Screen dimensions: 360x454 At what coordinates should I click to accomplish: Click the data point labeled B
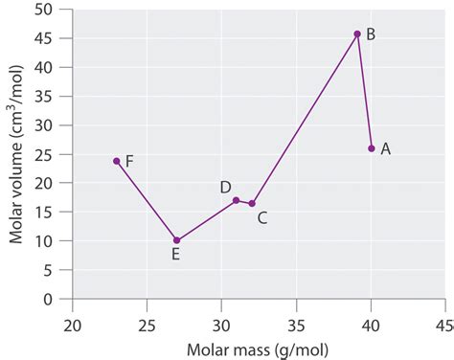click(357, 34)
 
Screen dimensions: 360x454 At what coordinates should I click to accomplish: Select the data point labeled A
click(372, 148)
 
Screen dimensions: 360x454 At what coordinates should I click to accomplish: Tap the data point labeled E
click(176, 240)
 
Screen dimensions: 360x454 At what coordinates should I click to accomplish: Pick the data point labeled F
click(117, 161)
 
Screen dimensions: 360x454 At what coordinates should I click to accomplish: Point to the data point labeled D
click(236, 200)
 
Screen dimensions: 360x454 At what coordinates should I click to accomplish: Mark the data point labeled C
click(252, 203)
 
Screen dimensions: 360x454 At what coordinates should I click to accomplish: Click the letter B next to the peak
click(371, 34)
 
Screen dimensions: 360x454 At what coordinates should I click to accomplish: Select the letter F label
click(129, 161)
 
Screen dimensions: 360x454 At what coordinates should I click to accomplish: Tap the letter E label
click(175, 255)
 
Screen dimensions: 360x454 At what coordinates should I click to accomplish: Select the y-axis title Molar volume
click(18, 154)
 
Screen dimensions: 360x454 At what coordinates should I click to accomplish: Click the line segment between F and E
click(147, 201)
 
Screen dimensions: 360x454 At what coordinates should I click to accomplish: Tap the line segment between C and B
click(305, 119)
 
